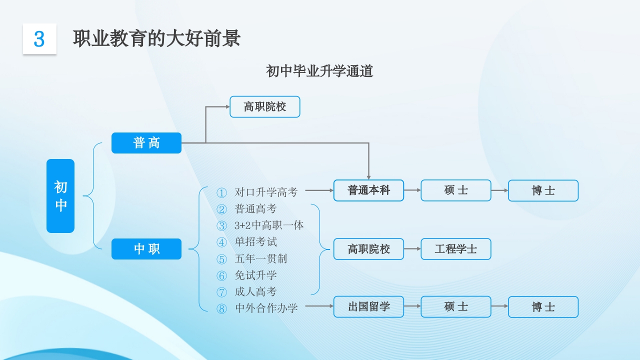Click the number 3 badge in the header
(39, 38)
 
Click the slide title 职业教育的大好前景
(156, 38)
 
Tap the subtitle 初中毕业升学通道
(319, 71)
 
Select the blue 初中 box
(60, 196)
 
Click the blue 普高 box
(146, 143)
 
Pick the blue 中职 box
(146, 249)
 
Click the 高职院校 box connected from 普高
(264, 107)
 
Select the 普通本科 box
(368, 190)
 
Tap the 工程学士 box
(455, 249)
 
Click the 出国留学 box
(368, 307)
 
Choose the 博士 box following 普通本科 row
(543, 190)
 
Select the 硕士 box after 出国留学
(455, 307)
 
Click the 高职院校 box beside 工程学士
(368, 249)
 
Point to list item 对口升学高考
(266, 192)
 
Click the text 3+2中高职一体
(269, 225)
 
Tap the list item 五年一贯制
(261, 258)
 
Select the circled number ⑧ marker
(221, 308)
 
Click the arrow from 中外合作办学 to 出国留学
(319, 305)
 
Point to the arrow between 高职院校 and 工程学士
(412, 248)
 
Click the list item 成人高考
(255, 291)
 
